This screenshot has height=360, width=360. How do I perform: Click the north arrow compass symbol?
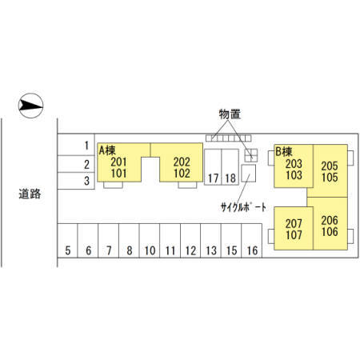(x=30, y=106)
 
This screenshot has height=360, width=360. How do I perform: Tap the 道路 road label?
(x=30, y=194)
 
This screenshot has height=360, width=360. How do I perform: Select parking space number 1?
(x=76, y=145)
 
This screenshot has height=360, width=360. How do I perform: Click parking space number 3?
(x=76, y=181)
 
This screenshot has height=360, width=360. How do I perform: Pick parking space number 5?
(x=68, y=241)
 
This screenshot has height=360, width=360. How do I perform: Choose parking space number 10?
(x=150, y=241)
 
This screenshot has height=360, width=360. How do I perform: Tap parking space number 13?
(x=210, y=241)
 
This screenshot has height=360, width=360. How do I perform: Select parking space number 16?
(x=252, y=241)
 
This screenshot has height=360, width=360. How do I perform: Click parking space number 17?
(x=213, y=167)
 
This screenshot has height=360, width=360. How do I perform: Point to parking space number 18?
(x=230, y=167)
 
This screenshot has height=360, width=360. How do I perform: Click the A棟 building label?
(x=107, y=150)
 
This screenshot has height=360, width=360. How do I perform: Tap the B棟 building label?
(x=284, y=152)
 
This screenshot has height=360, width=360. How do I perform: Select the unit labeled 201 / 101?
(x=119, y=167)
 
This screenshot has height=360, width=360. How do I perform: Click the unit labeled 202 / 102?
(x=182, y=167)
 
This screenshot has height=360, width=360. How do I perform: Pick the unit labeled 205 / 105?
(x=330, y=171)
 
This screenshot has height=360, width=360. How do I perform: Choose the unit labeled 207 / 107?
(x=294, y=229)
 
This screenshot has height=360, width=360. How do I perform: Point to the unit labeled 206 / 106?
(x=330, y=226)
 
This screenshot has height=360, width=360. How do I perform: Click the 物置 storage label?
(x=230, y=114)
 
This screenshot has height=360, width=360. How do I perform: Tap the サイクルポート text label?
(x=243, y=207)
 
